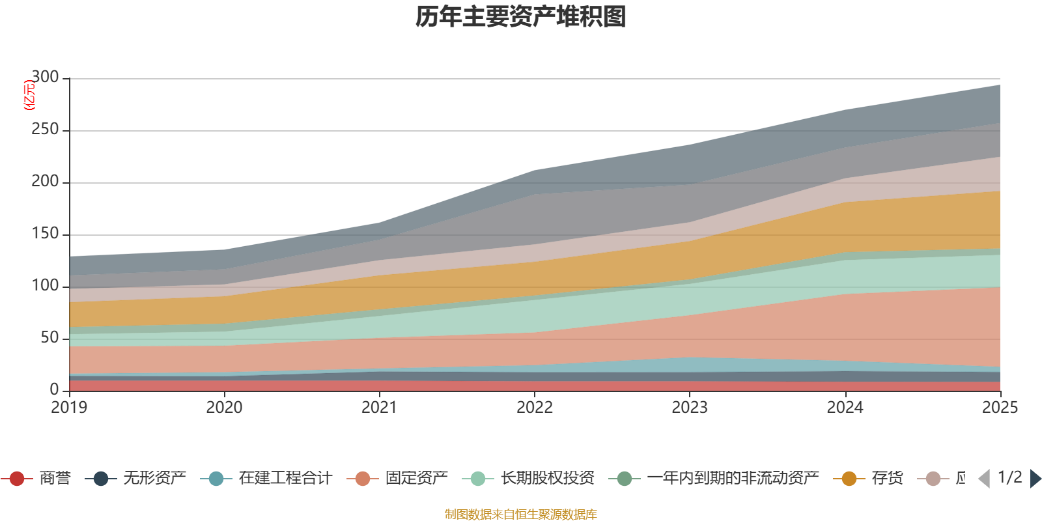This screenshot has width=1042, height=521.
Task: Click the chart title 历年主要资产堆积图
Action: click(x=521, y=17)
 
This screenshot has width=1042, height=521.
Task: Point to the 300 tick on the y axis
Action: click(x=45, y=77)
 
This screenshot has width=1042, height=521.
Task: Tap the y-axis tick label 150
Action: click(x=45, y=234)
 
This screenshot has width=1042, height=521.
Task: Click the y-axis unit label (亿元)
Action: click(x=29, y=95)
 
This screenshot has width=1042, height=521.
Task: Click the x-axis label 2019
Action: click(x=69, y=408)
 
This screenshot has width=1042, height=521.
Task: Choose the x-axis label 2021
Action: click(x=380, y=408)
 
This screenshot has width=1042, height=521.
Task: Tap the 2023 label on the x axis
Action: click(x=690, y=408)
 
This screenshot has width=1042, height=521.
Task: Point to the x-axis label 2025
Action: click(x=1000, y=408)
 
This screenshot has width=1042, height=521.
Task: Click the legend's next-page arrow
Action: click(x=1035, y=479)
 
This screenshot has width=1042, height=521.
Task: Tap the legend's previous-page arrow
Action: click(x=984, y=479)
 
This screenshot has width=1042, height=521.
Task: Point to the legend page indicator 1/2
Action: click(x=1009, y=477)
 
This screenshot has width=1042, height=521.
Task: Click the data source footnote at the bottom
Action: click(x=521, y=514)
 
